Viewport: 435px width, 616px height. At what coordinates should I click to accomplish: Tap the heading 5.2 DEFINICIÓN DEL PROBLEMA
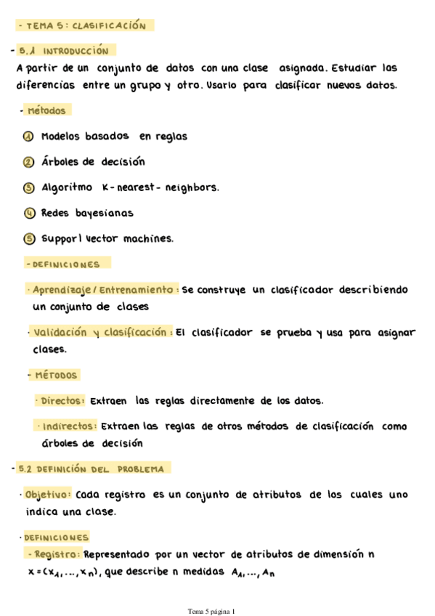pyautogui.click(x=92, y=469)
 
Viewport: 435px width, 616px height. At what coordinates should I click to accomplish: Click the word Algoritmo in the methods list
pyautogui.click(x=67, y=187)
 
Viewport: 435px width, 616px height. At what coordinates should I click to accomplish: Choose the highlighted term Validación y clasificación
pyautogui.click(x=103, y=333)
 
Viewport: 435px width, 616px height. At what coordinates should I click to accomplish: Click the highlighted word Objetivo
pyautogui.click(x=48, y=495)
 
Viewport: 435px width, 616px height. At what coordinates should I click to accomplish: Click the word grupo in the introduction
pyautogui.click(x=142, y=85)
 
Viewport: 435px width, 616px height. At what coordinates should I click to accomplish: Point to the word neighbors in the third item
pyautogui.click(x=192, y=187)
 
